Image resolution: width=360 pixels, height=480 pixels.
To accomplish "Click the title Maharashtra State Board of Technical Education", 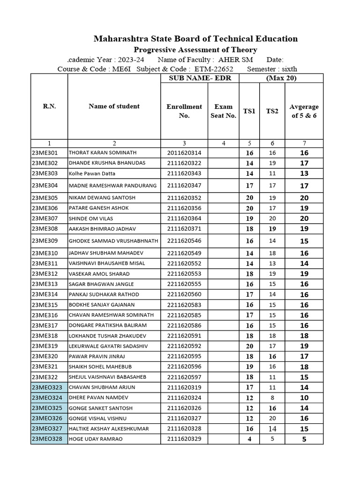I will point(195,38).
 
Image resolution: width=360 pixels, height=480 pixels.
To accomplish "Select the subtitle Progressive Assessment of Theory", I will point(195,50).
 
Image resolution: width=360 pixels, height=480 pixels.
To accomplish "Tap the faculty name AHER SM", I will point(236,60).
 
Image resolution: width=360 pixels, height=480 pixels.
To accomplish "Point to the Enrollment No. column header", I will point(184,111).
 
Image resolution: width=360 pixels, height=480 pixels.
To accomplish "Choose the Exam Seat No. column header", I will point(223,111).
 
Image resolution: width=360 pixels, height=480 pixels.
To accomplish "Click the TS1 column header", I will point(249,111).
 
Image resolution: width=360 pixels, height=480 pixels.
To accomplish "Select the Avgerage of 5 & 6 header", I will point(304,111).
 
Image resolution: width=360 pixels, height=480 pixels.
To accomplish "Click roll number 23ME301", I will point(45,153).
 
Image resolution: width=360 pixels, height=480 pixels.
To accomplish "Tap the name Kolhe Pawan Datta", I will point(91,173).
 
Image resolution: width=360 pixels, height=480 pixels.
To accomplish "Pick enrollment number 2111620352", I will point(184,198).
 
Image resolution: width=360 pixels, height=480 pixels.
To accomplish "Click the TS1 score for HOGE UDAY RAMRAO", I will point(249,439).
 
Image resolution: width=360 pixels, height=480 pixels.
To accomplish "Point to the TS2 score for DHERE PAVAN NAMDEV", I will point(272,397).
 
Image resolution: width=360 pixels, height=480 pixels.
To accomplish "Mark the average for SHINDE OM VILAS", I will point(304,218).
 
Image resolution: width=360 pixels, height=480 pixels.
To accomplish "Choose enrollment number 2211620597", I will point(184,377).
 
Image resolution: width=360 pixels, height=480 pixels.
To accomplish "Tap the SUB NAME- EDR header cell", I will point(200,78).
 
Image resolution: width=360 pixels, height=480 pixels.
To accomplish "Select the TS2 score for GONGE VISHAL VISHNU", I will point(272,418).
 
